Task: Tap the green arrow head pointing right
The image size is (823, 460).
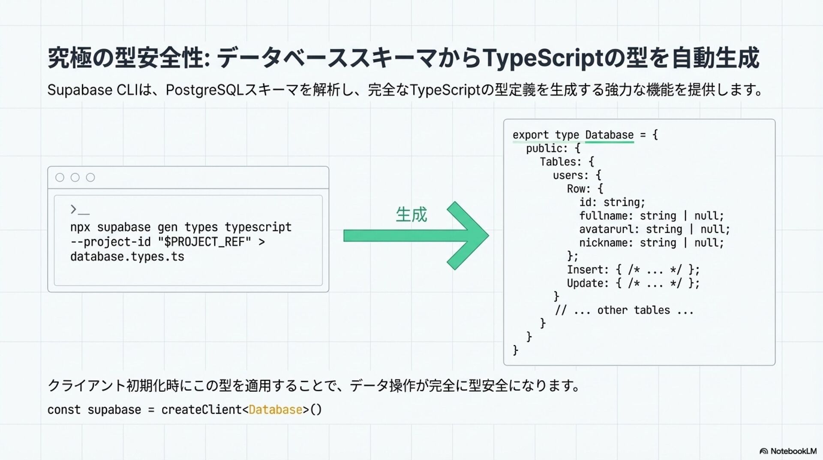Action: tap(469, 236)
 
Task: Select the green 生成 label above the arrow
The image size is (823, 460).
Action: tap(411, 215)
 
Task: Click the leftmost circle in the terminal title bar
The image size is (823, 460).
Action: tap(60, 178)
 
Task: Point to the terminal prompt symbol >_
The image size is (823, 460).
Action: tap(80, 210)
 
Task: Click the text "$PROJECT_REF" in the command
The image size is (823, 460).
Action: tap(204, 242)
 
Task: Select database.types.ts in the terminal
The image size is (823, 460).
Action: tap(127, 257)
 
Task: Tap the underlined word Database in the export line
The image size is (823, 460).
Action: tap(609, 135)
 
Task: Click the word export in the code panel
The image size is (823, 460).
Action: tap(530, 135)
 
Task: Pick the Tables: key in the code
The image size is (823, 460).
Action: tap(560, 162)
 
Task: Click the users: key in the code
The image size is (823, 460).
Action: tap(571, 176)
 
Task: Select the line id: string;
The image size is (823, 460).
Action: tap(612, 202)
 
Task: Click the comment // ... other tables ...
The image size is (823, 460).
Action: tap(624, 310)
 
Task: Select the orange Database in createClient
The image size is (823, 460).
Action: tap(276, 410)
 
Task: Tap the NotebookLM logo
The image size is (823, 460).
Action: tap(788, 451)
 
